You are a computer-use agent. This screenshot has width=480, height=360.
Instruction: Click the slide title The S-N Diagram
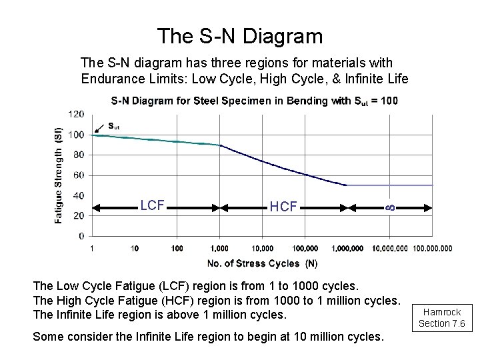239,35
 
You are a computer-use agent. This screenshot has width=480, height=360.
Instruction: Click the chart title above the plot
254,101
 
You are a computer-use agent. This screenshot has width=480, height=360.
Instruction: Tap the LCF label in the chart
153,205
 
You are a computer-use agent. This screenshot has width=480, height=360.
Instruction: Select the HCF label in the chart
283,207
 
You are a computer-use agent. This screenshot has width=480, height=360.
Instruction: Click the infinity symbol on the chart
390,207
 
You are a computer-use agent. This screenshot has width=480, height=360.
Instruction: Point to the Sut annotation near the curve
114,125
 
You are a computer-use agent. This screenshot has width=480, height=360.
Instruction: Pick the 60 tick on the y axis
79,175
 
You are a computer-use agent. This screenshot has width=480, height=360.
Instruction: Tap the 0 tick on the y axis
81,236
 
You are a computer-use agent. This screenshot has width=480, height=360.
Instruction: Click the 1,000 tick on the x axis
219,249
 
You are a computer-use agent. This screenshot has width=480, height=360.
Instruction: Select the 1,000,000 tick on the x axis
347,249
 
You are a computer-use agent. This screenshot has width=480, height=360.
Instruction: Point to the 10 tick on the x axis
135,249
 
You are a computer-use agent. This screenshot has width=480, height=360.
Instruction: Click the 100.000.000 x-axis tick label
432,249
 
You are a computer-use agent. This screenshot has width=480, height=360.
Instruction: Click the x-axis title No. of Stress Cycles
262,263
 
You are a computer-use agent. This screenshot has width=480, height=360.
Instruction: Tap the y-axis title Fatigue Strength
59,175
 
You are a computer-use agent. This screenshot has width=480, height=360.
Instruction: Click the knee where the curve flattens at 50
347,185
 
